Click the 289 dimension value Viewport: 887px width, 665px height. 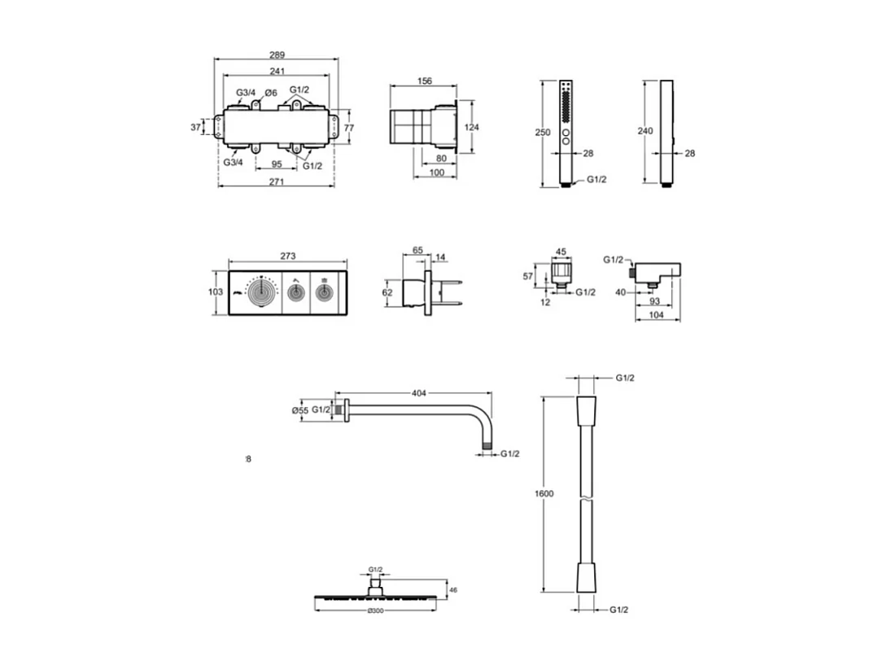tap(277, 55)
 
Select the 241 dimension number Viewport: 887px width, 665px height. tap(277, 71)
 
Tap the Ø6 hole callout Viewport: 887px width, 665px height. tap(270, 93)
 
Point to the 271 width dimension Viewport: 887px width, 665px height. tap(277, 182)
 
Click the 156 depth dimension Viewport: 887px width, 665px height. tap(424, 81)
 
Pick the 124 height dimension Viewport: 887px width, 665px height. tap(473, 127)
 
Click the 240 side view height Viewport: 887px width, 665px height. tap(646, 131)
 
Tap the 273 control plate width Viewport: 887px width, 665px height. tap(287, 256)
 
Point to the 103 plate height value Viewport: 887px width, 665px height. tap(215, 291)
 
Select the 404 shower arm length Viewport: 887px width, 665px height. tap(419, 393)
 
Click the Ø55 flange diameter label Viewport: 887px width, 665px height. tap(300, 411)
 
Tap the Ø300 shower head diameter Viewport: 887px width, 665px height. tap(375, 610)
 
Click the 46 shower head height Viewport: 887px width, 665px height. tap(453, 589)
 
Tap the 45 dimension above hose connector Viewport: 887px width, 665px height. tap(560, 252)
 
